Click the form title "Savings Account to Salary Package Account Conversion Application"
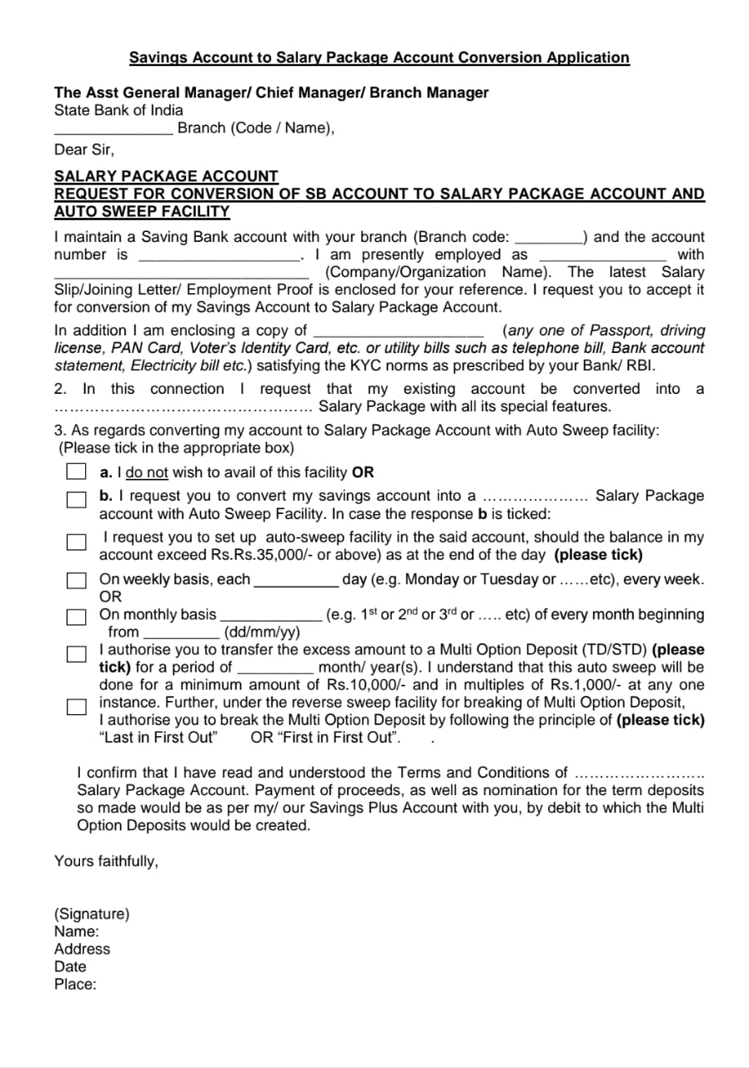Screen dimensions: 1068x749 click(x=379, y=58)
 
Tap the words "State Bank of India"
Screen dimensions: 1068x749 click(x=118, y=110)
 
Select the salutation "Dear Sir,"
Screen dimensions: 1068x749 click(x=84, y=150)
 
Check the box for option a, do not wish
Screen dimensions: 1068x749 click(x=77, y=472)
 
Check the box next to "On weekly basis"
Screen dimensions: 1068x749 click(x=77, y=580)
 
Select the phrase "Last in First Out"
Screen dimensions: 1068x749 click(x=158, y=738)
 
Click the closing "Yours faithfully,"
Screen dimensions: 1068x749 click(x=106, y=861)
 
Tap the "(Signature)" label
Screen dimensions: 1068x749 click(x=92, y=914)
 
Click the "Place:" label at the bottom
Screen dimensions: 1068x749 click(x=75, y=984)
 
